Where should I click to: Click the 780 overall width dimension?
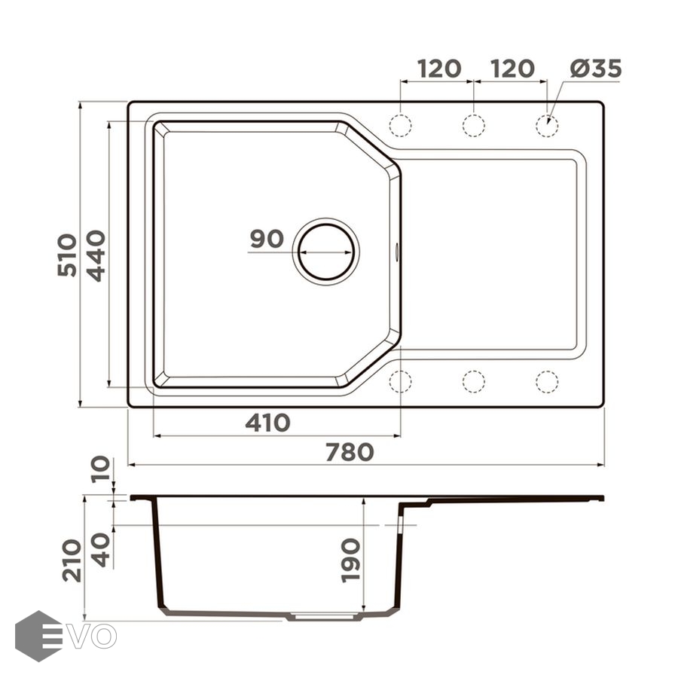pos(350,452)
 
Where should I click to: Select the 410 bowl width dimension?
pos(267,423)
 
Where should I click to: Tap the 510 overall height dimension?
pos(67,255)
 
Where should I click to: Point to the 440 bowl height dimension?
pos(96,256)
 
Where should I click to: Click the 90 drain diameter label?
pos(267,239)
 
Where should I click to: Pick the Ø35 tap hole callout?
pos(596,69)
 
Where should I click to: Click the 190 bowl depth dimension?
pos(350,560)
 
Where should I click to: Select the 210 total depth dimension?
pos(72,560)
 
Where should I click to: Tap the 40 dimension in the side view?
pos(101,550)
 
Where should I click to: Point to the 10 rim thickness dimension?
pos(101,469)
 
